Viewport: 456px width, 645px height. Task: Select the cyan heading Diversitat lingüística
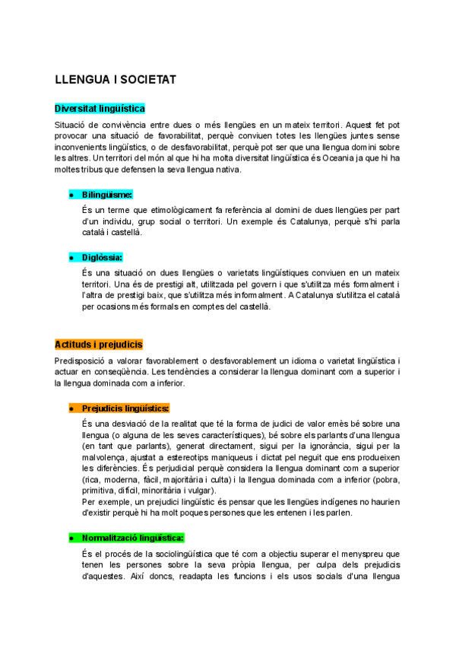click(100, 109)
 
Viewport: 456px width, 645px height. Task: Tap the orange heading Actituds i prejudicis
click(99, 344)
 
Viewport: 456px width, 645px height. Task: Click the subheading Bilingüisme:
click(107, 195)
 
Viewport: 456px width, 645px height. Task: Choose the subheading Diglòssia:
click(102, 258)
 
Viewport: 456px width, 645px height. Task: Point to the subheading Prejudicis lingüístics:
click(125, 408)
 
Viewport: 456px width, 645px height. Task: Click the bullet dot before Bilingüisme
click(71, 195)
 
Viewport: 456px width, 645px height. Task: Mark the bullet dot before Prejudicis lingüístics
click(71, 409)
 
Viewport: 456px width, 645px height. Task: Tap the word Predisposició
click(81, 359)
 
